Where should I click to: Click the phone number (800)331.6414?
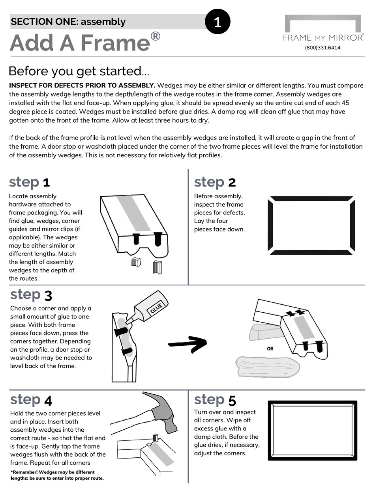[322, 48]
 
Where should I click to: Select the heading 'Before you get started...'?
[79, 71]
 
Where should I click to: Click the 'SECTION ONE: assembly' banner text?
[68, 22]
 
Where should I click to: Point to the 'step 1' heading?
[29, 183]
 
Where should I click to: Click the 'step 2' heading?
[215, 182]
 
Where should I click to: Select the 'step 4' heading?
[31, 400]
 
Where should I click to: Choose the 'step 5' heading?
[215, 400]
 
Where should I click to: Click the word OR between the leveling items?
[270, 348]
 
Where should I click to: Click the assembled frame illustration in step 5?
[313, 430]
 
